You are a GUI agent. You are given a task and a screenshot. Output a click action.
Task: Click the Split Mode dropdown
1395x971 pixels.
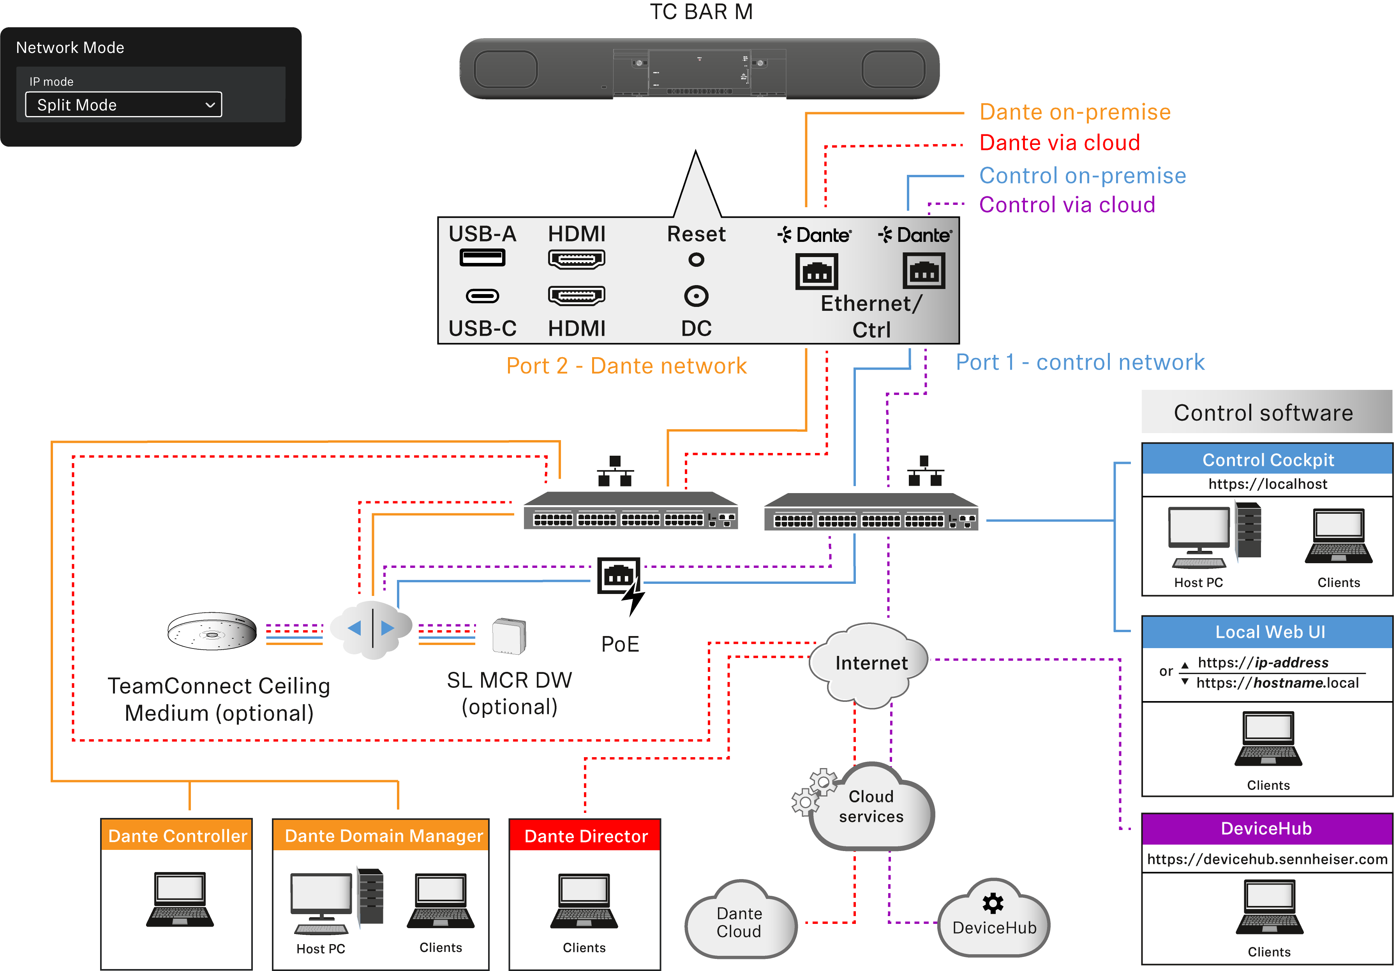pos(123,104)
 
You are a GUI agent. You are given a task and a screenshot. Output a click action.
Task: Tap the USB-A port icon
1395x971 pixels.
pos(482,257)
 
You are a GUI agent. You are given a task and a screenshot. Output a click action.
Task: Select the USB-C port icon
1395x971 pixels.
pos(482,296)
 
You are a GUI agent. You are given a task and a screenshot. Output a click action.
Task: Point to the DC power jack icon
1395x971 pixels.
pos(696,296)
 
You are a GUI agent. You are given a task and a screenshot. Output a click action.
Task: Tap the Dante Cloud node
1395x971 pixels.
pos(739,922)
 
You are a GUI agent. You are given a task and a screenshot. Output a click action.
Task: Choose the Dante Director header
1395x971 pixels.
pos(585,836)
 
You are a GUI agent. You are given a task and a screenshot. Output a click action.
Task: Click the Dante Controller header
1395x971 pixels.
pos(177,836)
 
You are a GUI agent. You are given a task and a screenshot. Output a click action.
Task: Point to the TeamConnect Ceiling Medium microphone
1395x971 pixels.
pos(212,632)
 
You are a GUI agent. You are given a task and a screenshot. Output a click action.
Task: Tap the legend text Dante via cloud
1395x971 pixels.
pos(1060,143)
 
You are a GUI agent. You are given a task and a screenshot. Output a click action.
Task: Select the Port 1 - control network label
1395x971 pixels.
pos(1080,362)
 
